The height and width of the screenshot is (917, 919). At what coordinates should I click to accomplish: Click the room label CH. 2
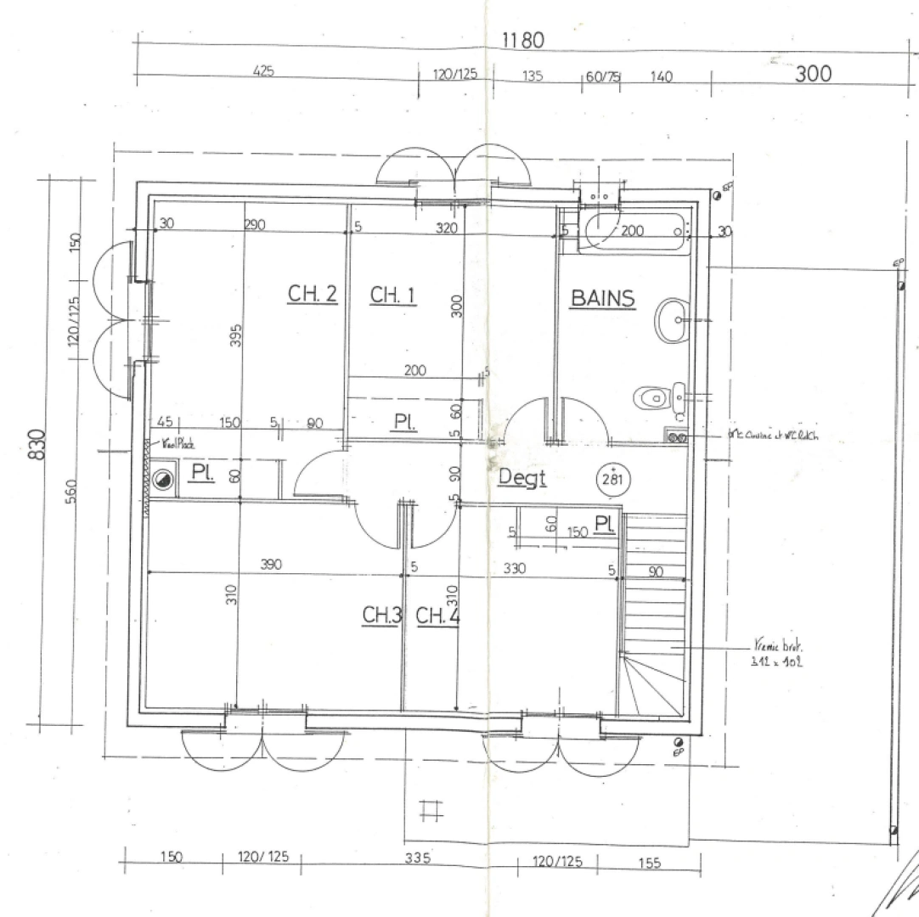[312, 294]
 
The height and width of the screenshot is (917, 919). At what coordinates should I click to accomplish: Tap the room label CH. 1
[392, 295]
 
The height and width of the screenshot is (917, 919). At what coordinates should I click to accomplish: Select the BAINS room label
[602, 298]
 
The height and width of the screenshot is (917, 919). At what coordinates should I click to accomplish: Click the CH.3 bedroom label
[381, 616]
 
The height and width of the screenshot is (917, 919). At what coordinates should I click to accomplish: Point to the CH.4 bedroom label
[437, 616]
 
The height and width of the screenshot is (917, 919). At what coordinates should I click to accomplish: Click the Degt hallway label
[522, 478]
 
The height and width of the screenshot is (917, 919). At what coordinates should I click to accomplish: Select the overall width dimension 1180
[522, 40]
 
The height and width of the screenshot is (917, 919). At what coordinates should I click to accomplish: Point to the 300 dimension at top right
[813, 74]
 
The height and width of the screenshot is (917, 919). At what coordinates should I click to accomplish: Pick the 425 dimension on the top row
[263, 71]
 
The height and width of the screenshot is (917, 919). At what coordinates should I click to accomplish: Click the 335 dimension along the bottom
[415, 858]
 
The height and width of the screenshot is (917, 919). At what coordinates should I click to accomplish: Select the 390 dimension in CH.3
[271, 564]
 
